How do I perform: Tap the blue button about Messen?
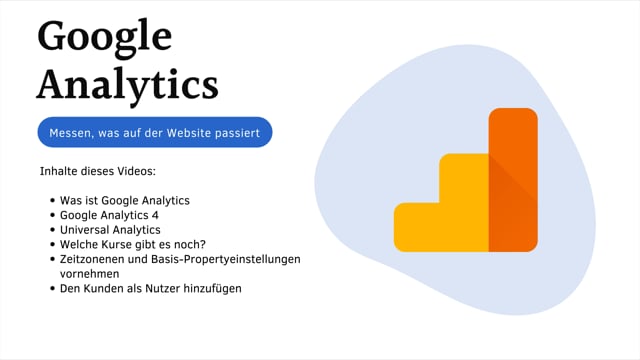pos(154,132)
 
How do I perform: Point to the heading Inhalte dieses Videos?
pos(91,171)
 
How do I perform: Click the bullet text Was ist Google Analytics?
pos(125,200)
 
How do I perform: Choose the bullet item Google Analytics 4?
pos(116,215)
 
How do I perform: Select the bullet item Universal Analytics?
pos(110,229)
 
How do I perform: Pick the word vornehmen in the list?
pos(90,273)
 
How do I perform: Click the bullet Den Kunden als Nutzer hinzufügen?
pos(151,288)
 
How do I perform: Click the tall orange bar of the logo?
pos(512,180)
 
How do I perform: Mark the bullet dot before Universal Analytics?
pos(51,230)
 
